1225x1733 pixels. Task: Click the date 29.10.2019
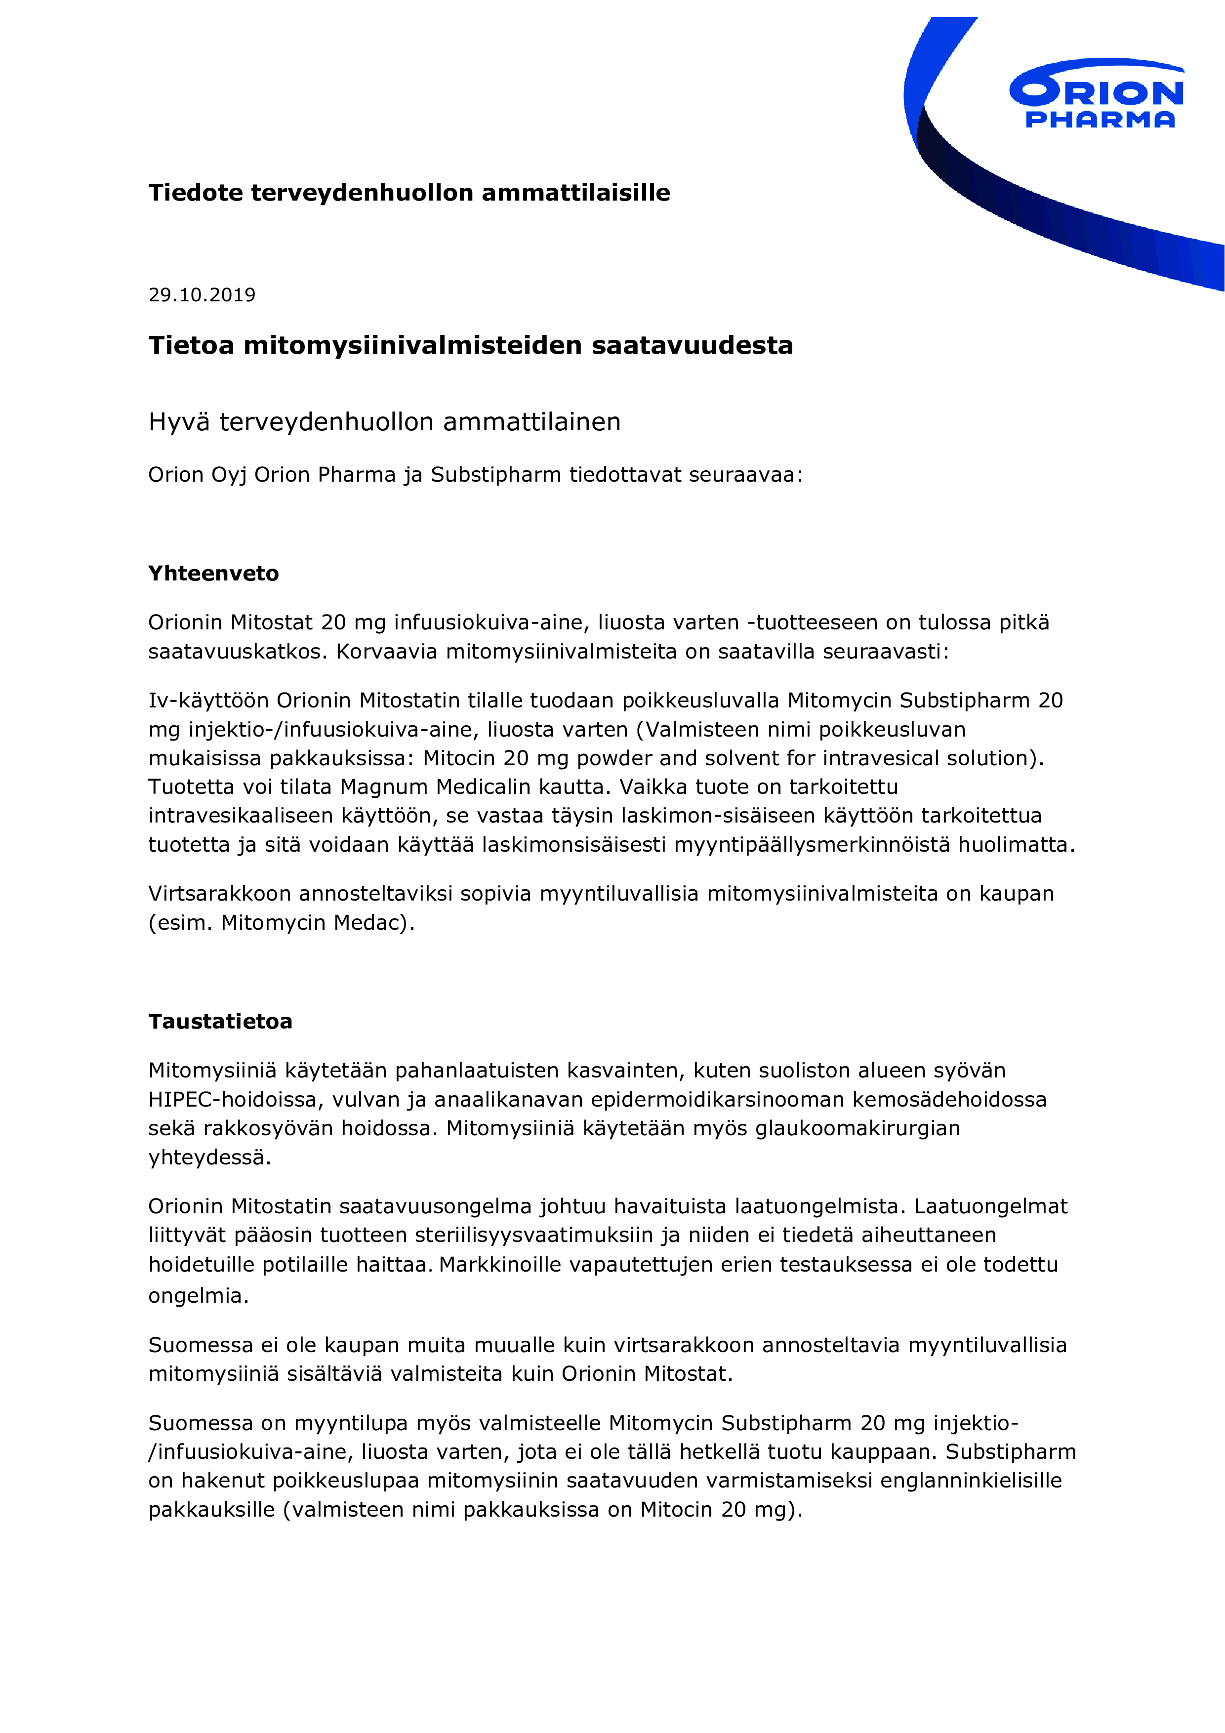point(202,295)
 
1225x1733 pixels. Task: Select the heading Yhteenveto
point(213,574)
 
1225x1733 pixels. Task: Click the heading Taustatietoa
point(220,1022)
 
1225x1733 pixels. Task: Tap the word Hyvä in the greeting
point(179,422)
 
